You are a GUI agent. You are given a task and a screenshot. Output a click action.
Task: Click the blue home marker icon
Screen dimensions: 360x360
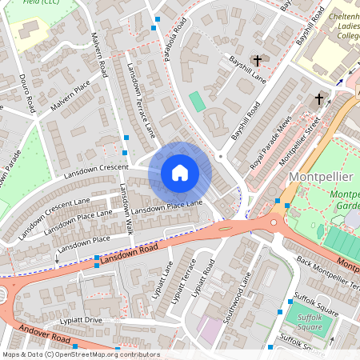point(180,173)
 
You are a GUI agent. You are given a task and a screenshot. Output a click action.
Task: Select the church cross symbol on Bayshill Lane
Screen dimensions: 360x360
point(258,61)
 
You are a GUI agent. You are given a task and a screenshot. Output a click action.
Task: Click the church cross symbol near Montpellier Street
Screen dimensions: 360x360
point(319,99)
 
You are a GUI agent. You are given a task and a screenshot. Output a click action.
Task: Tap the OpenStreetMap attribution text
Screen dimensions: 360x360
point(80,354)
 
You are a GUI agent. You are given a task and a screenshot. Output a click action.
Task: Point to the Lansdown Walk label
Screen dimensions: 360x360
point(126,210)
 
